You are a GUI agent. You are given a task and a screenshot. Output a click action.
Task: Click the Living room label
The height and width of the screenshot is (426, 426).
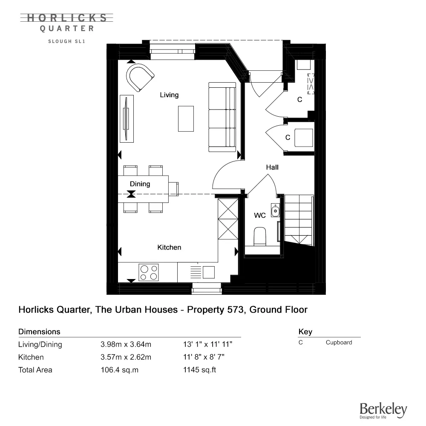tap(169, 95)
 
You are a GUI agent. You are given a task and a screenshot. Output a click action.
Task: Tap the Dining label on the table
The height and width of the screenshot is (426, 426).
tap(140, 184)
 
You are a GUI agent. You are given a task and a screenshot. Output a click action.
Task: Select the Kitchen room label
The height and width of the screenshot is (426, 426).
tap(169, 247)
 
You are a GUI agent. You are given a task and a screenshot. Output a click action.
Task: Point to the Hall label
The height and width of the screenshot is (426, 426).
tap(272, 167)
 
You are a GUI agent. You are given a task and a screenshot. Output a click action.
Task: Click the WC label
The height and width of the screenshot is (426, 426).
tap(260, 216)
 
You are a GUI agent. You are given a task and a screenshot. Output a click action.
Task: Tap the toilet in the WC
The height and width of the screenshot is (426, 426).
tap(260, 236)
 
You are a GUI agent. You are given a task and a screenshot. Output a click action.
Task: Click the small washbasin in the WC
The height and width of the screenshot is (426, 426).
tap(276, 210)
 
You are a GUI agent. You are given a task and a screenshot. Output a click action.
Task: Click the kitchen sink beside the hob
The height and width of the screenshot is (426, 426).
tap(204, 272)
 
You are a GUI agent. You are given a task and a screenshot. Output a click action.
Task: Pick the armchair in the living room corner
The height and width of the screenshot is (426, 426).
tap(139, 77)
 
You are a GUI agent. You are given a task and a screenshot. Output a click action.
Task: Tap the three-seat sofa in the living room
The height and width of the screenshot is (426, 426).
tap(222, 118)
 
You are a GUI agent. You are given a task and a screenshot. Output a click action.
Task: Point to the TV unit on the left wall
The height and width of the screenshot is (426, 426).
tap(127, 118)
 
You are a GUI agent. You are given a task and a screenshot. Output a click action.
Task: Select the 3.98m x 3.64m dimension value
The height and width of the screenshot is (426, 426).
tap(126, 345)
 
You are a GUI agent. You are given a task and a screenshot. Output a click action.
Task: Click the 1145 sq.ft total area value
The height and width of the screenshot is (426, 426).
tap(199, 370)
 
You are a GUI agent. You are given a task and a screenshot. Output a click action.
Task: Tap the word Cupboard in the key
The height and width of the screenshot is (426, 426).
tap(339, 342)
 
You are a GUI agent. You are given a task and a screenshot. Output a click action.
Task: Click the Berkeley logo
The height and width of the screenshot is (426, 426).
tap(383, 410)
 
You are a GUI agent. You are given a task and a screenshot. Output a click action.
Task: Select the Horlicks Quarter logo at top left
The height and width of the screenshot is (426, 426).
tap(67, 23)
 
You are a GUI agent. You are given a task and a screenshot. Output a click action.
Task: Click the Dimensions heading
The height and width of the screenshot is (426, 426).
tap(39, 331)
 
